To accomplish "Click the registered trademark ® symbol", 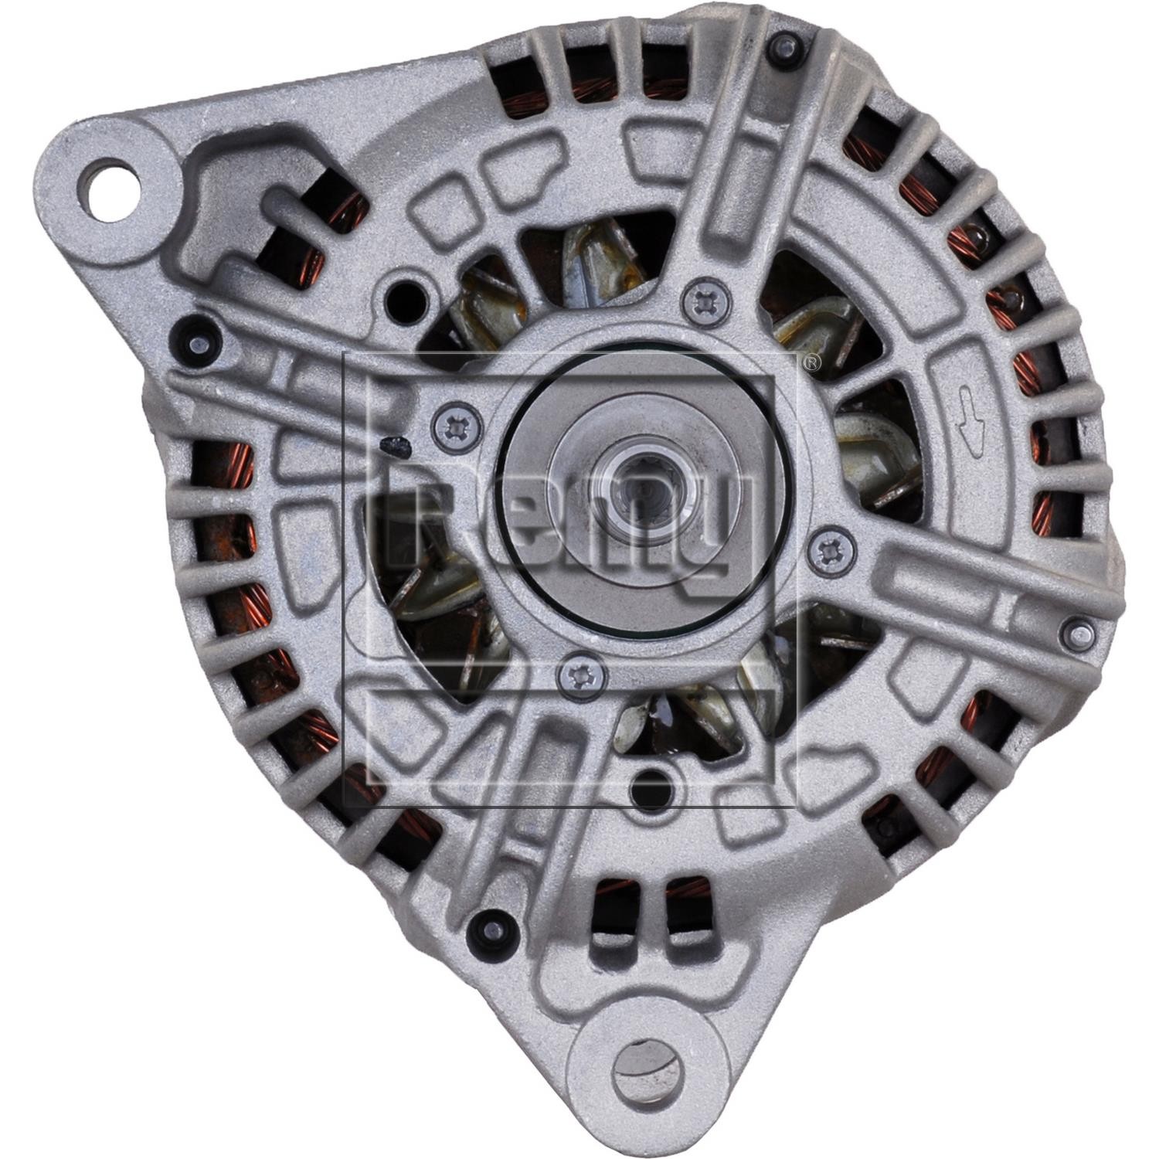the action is point(809,362).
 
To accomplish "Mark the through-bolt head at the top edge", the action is point(784,46).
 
